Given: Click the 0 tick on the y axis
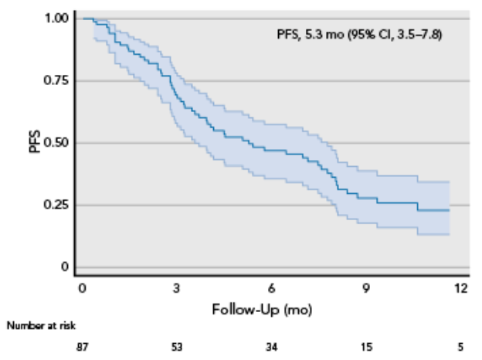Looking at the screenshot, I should [66, 267].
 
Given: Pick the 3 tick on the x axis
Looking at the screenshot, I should [176, 288].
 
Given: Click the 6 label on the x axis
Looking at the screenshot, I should [271, 288].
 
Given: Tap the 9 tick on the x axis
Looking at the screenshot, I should [366, 288].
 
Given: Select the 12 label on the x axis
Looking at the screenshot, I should [461, 288].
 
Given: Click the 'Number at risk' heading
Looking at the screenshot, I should [41, 327].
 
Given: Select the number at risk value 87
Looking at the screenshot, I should [81, 346].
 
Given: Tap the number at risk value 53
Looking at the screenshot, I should [176, 346].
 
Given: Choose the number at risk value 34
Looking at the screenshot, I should [271, 346].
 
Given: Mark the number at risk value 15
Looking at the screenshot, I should [366, 346].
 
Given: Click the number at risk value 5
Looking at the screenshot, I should [461, 346].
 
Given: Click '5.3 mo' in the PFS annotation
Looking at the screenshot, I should [328, 36].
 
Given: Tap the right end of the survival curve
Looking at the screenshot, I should [449, 209].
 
